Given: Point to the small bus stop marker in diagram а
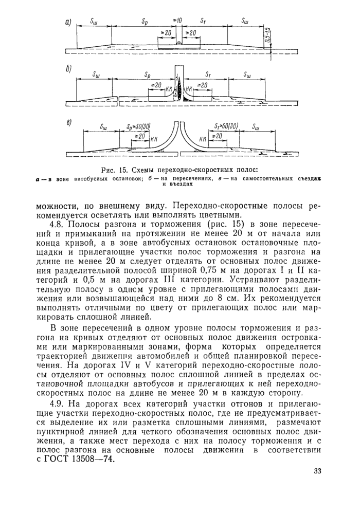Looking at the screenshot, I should coord(178,43).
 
